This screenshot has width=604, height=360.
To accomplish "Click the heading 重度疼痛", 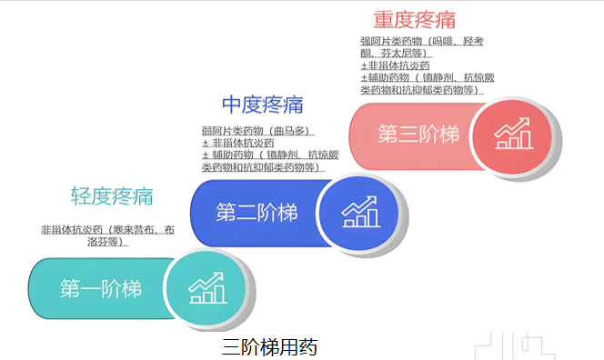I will point(414,19).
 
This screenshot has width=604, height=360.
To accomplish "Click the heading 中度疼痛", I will point(262,105).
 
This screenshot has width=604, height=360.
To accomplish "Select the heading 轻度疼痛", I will point(112,196).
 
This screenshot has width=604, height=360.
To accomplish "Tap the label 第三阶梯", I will point(418,135).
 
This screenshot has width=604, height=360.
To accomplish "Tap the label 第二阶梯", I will point(257,213).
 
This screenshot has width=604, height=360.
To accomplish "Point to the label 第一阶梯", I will point(101,289).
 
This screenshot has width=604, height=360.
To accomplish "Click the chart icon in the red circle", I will point(512,135).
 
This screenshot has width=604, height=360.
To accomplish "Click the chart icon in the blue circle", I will point(360,213).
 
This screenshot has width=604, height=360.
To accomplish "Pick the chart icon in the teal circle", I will point(206,289).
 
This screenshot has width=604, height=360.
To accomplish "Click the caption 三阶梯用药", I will point(269,347).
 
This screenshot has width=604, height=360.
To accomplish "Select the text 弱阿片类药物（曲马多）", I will point(257,131).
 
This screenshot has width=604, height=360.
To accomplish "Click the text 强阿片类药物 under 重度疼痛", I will point(389,42).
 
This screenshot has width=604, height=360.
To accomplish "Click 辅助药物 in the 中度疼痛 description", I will point(226,155).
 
